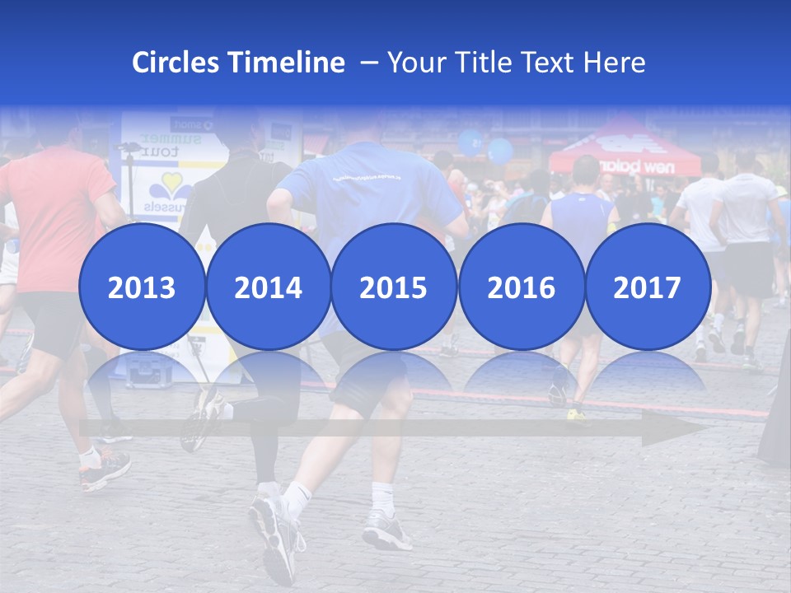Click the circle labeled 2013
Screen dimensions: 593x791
point(142,287)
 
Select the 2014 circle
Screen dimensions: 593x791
point(268,287)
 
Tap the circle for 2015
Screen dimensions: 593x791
point(394,287)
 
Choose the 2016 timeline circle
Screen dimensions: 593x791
point(521,287)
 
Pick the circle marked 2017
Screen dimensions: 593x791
point(647,287)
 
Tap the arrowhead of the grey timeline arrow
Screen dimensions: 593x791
point(676,429)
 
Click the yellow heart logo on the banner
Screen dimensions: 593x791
point(172,184)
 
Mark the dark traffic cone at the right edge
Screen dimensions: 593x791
point(776,412)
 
